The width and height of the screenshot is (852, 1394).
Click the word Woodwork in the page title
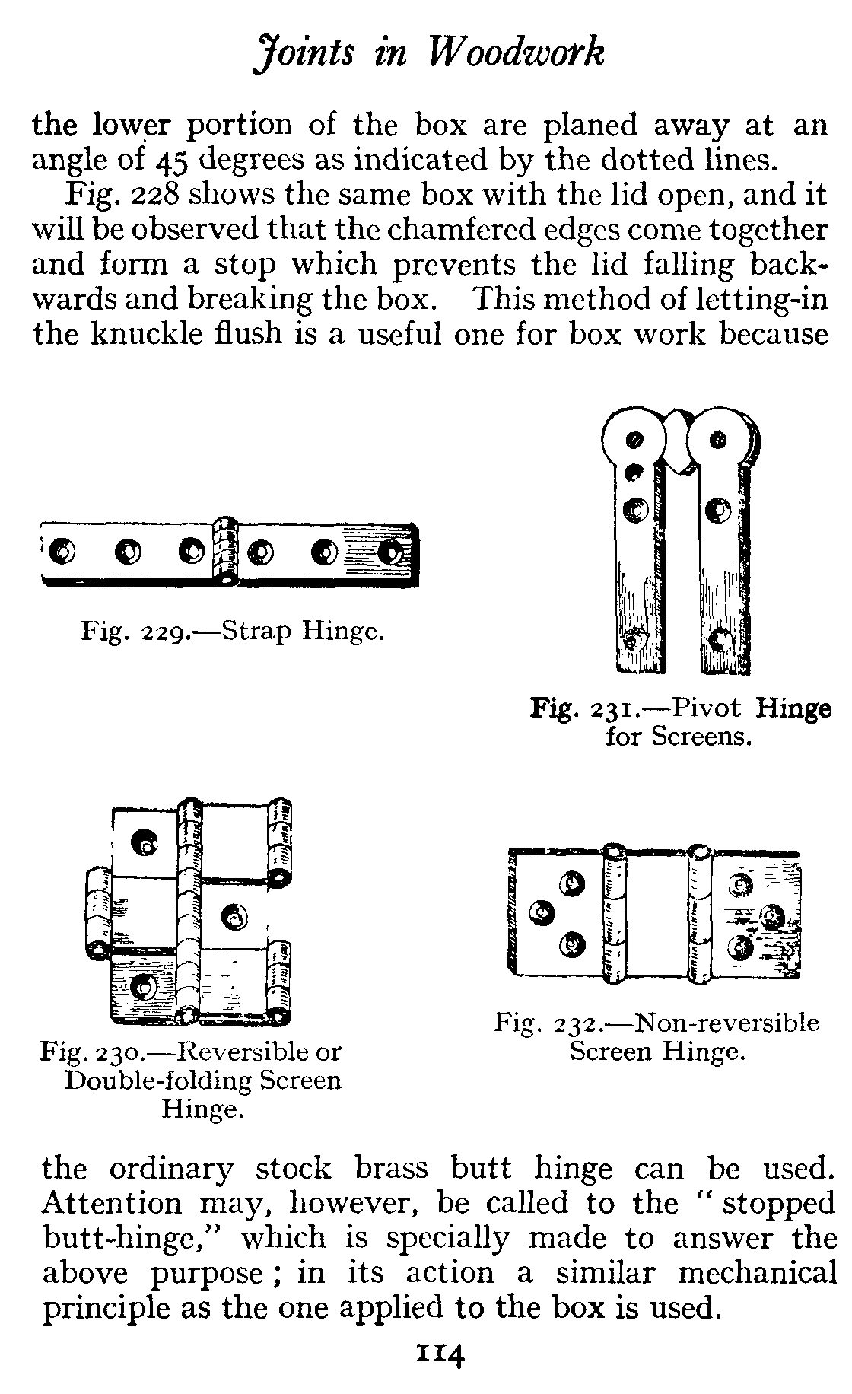coord(518,54)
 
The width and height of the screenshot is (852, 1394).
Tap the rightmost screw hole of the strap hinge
coord(390,550)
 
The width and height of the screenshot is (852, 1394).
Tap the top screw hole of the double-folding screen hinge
coord(144,841)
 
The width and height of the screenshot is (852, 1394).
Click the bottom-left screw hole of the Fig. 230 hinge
coord(142,986)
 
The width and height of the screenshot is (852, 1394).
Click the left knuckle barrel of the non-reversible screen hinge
coord(613,913)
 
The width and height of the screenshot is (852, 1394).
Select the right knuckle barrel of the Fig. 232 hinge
coord(698,913)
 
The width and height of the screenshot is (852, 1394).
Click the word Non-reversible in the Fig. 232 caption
coord(726,1023)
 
